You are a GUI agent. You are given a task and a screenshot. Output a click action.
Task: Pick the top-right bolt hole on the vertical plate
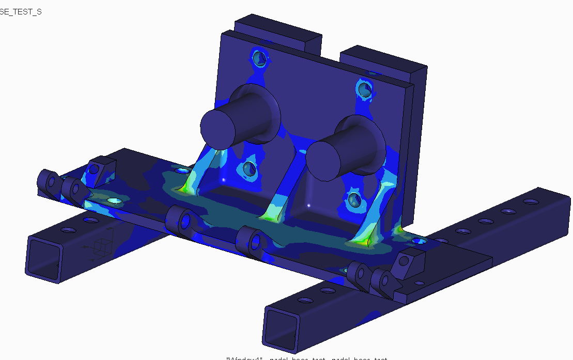click(x=364, y=89)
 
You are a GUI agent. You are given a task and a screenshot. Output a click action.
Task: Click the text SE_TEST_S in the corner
click(x=21, y=11)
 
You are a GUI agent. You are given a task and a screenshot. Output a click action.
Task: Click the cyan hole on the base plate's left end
click(x=113, y=200)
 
